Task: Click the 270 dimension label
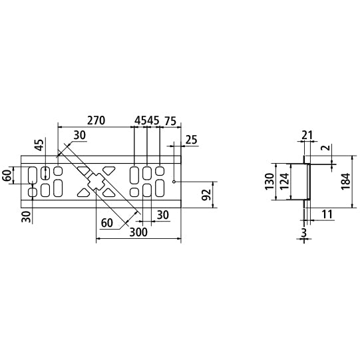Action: pos(96,120)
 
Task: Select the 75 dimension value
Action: pos(169,120)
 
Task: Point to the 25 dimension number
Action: pos(192,140)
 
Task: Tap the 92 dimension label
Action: pos(206,195)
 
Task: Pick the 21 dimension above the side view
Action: pos(307,136)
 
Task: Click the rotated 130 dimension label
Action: pos(270,180)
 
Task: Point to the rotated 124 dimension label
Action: pos(283,180)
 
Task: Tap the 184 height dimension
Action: pos(344,180)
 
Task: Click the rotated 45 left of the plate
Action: pos(39,146)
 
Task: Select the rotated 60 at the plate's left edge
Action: pos(7,176)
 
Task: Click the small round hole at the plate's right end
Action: pos(174,181)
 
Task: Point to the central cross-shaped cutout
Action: pos(97,181)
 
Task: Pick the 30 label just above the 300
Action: pos(162,214)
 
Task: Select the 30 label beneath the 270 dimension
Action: pos(80,135)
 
